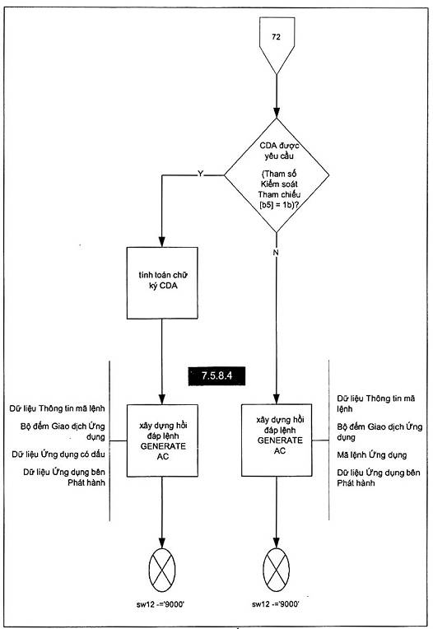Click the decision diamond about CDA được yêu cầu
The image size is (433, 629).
277,175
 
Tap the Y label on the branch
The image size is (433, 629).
201,174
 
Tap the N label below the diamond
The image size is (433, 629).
276,252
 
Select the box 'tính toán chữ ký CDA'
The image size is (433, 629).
162,283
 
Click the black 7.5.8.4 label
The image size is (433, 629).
216,376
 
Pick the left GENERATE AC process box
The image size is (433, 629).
162,440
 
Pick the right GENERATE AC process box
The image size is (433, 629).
277,440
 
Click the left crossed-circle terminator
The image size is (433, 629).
162,569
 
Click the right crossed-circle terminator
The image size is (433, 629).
277,569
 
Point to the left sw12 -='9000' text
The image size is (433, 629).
161,604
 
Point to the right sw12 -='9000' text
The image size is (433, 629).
276,603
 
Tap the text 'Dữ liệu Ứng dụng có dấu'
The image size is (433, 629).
58,454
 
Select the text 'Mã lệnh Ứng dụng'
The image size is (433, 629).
371,455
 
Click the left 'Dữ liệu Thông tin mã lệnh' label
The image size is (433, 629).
57,408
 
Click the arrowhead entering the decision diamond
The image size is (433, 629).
277,113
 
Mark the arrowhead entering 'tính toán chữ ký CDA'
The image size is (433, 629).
162,241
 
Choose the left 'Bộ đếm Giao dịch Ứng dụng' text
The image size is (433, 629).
63,431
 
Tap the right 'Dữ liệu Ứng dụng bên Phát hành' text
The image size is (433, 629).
379,478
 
